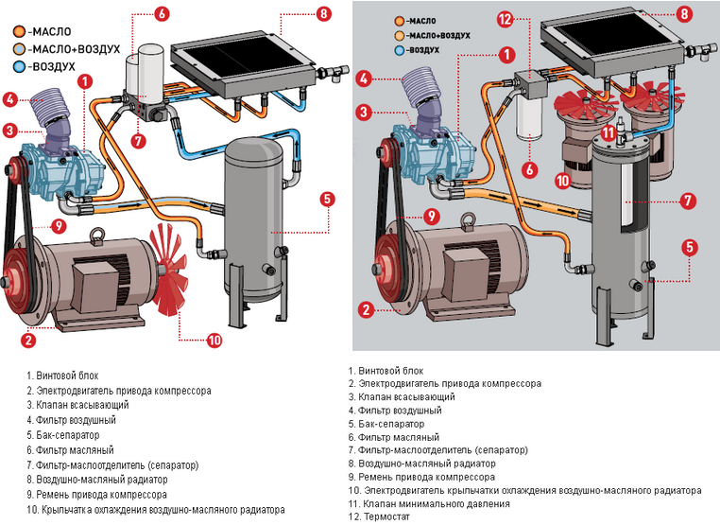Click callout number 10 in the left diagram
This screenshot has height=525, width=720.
coord(214,340)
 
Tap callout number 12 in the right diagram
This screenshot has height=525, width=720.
coord(504,19)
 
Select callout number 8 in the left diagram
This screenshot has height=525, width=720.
coord(325,14)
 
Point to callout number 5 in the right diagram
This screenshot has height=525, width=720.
coord(691,248)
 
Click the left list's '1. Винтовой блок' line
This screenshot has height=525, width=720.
coord(61,374)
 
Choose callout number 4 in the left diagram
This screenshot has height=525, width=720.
coord(10,98)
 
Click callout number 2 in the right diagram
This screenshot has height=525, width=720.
coord(363,307)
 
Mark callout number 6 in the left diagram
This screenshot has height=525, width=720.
coord(162,14)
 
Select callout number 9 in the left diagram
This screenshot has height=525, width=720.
coord(58,226)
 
